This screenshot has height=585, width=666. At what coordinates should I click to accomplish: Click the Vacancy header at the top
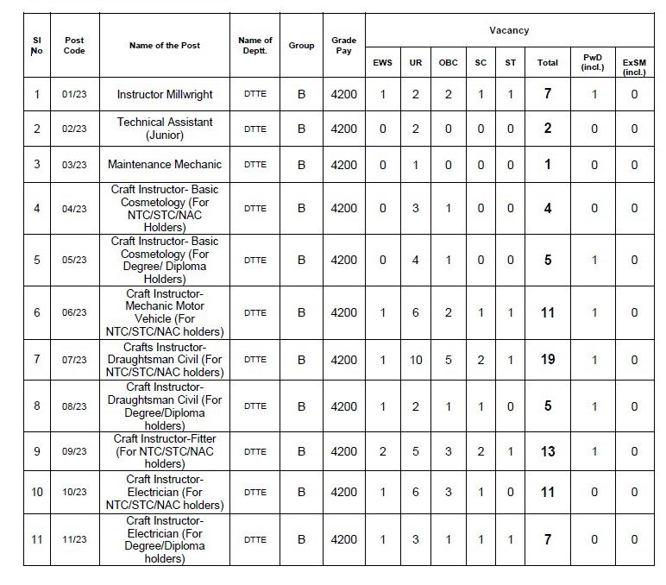[509, 30]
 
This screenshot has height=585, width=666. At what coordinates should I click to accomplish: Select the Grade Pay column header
[343, 46]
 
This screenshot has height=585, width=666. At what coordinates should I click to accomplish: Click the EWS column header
[382, 63]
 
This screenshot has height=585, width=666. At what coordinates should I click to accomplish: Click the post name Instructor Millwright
[165, 94]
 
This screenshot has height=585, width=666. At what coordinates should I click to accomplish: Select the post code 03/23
[74, 165]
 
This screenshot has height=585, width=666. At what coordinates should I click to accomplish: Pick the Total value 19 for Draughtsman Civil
[548, 360]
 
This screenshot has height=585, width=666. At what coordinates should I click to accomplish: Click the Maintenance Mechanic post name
[165, 165]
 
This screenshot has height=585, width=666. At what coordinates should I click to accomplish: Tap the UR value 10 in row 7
[416, 360]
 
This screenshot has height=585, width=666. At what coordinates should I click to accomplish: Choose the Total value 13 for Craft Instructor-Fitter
[548, 451]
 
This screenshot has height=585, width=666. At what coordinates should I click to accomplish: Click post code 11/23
[74, 540]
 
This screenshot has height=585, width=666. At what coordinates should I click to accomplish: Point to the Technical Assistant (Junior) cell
[165, 129]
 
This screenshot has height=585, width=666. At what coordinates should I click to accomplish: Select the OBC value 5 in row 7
[449, 360]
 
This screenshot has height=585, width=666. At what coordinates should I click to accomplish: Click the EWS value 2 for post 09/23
[383, 451]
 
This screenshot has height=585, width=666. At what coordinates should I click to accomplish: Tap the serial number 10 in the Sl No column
[36, 492]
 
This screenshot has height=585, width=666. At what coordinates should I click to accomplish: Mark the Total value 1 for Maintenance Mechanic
[548, 165]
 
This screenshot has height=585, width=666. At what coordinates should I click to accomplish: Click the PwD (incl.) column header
[594, 63]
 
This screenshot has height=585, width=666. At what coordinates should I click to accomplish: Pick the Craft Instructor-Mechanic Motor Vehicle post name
[165, 312]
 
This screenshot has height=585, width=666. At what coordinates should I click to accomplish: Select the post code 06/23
[74, 312]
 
